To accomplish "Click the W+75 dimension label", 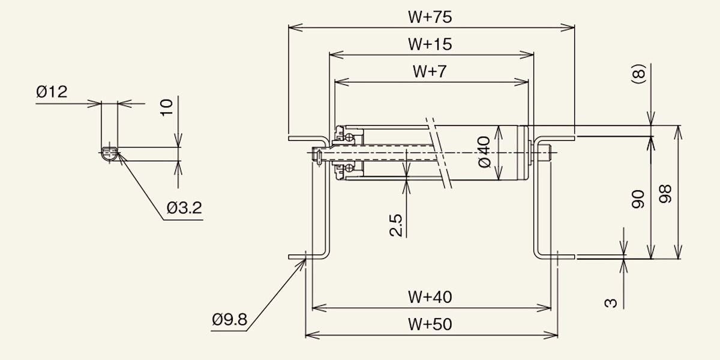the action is point(430,17).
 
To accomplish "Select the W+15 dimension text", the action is point(430,44).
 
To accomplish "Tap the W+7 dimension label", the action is point(430,71).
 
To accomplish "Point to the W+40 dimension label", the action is point(430,297).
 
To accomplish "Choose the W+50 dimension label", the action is point(430,324).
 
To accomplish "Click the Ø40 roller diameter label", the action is point(484,152).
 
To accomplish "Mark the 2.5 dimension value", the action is point(395,226).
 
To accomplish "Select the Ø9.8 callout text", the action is point(229,319).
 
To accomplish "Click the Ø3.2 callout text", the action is point(185,208).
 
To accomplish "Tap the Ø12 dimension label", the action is point(52,92).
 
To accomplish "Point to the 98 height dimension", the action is point(665,193).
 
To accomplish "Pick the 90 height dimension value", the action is point(638,199).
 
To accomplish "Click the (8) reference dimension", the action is point(638,74).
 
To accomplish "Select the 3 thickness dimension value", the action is point(611,303).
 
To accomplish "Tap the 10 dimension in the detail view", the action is point(167,107).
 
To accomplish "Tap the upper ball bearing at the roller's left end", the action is point(349,137).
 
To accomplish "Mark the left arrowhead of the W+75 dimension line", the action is point(296,28).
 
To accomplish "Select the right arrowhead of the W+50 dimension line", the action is point(551,335).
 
